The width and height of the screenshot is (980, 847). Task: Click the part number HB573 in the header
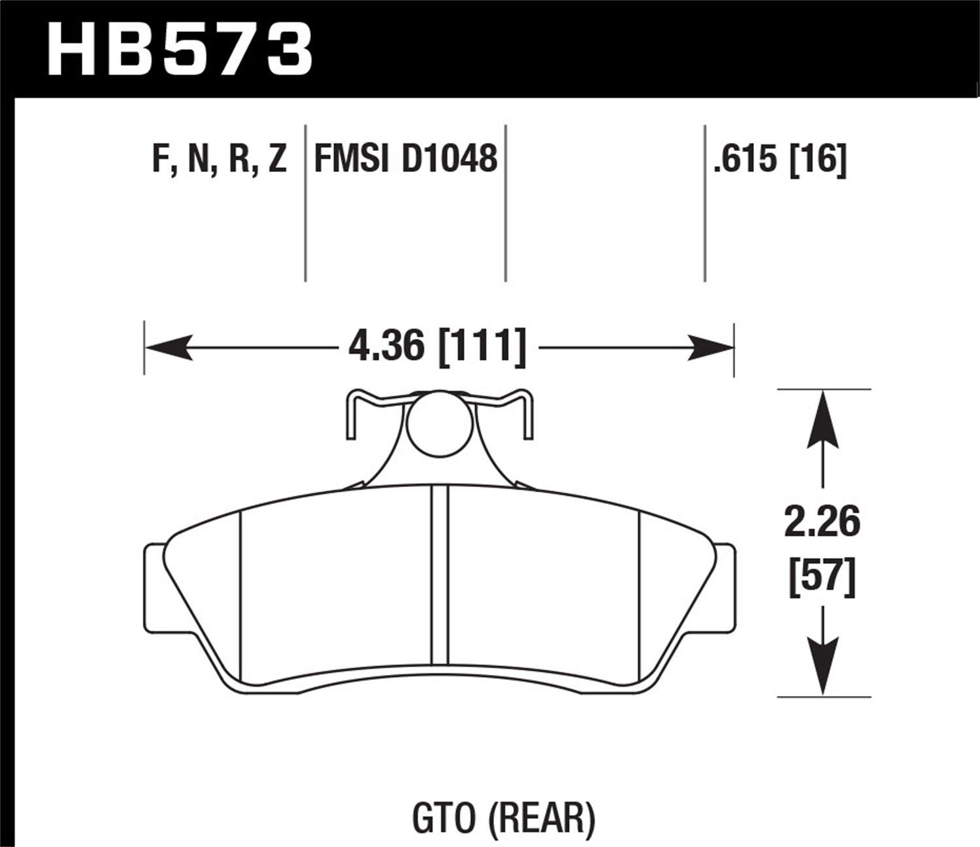click(x=180, y=49)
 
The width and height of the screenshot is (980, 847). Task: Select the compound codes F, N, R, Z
click(x=220, y=159)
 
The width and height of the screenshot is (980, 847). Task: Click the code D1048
click(x=449, y=159)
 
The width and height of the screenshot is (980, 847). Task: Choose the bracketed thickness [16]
click(x=818, y=159)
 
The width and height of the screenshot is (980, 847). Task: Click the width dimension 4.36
click(x=385, y=346)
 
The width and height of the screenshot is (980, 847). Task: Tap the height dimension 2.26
click(x=822, y=523)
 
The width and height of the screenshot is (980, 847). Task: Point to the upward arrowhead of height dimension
click(x=823, y=418)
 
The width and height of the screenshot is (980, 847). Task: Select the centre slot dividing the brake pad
click(x=439, y=575)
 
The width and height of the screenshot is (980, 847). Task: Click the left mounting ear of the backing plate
click(x=153, y=588)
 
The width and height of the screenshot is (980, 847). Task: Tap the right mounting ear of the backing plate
click(x=726, y=588)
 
